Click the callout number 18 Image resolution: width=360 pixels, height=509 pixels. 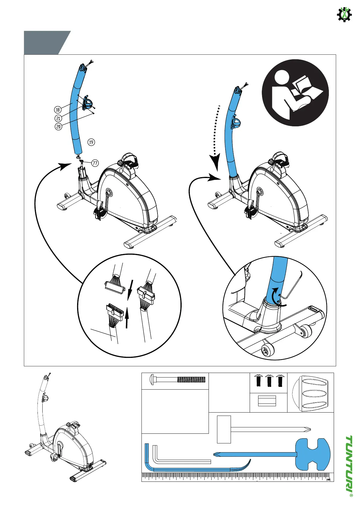point(58,110)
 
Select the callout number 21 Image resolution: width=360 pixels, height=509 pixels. point(58,118)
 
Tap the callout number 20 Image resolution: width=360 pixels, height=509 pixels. point(58,126)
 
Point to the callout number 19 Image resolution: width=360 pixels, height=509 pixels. point(91,142)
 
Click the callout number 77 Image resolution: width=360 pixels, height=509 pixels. point(95,163)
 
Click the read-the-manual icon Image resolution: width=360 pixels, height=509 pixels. point(295,93)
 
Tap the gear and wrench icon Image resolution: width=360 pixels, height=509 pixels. point(344,14)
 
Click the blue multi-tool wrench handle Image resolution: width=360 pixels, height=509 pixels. point(312,454)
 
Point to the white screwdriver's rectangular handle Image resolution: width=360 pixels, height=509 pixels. point(224,429)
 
